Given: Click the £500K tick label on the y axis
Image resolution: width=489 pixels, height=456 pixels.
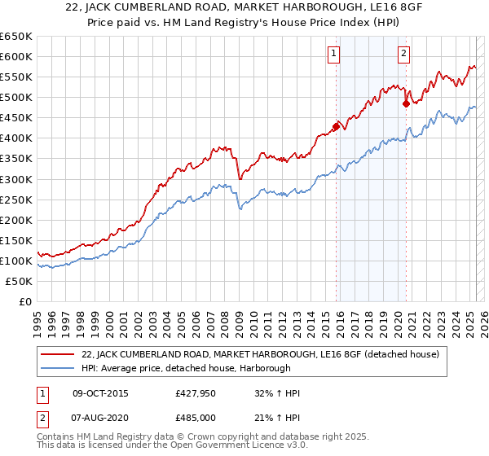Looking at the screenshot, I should [17, 97].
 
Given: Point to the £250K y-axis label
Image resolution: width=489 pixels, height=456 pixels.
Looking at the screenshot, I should [17, 199].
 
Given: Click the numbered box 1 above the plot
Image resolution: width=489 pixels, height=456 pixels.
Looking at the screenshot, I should [335, 55].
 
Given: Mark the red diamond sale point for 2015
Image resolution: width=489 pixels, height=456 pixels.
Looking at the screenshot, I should [336, 125].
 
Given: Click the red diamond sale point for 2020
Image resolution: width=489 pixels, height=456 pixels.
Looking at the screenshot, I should [406, 103].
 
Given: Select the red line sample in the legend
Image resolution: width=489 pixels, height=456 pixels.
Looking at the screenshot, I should [58, 354].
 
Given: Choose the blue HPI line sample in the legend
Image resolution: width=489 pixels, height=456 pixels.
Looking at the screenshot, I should [58, 368].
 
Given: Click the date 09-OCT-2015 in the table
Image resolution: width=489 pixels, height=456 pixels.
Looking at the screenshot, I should [100, 393].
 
